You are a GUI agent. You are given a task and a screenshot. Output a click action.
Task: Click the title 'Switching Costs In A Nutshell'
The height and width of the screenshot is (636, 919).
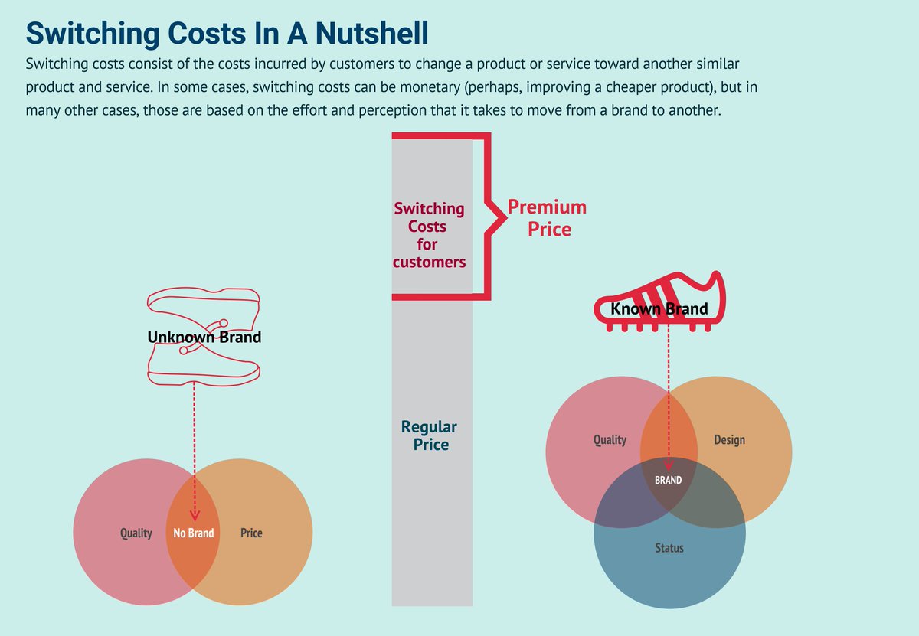(x=227, y=34)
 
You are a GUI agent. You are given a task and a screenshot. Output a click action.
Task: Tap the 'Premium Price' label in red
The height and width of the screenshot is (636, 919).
(x=547, y=217)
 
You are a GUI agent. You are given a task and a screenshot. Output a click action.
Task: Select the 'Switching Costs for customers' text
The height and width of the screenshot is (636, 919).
(x=429, y=235)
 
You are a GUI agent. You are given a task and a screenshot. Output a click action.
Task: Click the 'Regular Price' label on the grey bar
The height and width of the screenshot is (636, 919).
(x=429, y=435)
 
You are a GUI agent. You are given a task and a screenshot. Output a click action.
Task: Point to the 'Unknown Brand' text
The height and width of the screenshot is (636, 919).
(x=204, y=337)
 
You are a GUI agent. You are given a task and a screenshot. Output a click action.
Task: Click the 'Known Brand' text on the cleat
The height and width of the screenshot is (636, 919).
(x=659, y=310)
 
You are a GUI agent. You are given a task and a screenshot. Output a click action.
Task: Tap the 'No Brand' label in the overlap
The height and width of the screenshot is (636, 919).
(x=193, y=533)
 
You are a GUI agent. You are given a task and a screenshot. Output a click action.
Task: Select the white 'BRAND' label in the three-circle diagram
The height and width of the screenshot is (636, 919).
(x=668, y=481)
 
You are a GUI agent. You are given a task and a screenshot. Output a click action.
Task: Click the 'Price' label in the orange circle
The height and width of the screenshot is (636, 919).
(x=251, y=533)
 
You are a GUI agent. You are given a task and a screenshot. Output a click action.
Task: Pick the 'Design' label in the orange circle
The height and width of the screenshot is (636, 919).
(x=729, y=440)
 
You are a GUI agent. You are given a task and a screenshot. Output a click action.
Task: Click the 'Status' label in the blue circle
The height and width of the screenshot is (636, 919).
(x=669, y=548)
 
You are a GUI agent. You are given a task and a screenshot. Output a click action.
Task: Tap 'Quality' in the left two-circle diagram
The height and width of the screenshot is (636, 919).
(x=136, y=533)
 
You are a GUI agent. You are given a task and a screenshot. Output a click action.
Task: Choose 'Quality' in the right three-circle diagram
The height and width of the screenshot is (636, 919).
(x=610, y=440)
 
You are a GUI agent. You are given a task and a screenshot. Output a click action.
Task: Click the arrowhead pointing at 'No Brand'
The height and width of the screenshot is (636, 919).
(x=194, y=516)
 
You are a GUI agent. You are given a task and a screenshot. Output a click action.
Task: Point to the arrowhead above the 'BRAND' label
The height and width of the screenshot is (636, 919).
(x=669, y=465)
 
